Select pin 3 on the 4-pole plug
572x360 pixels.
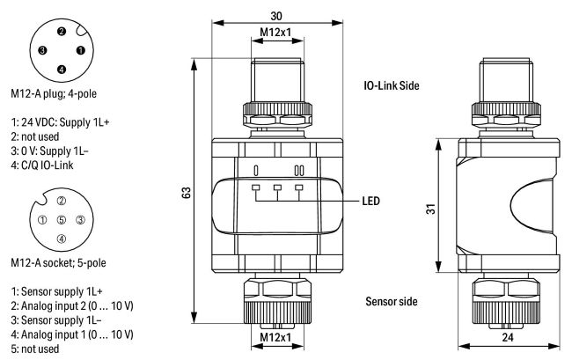[42, 50]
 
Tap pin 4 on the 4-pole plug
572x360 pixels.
[61, 69]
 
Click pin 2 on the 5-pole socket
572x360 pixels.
[61, 202]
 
